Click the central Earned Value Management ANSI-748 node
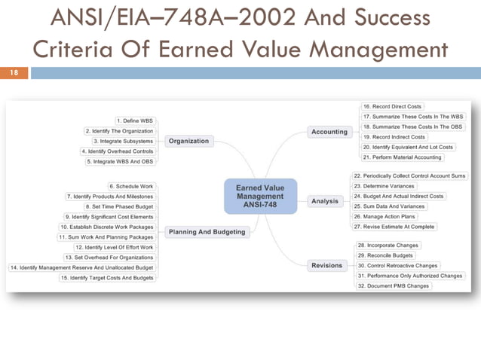(x=260, y=195)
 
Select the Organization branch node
(x=188, y=141)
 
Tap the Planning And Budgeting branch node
(x=207, y=232)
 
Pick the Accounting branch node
(x=329, y=132)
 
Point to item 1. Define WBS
(x=136, y=121)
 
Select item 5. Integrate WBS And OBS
(x=121, y=162)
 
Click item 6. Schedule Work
(x=131, y=186)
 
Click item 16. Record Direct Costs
(x=391, y=107)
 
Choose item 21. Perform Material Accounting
(x=402, y=157)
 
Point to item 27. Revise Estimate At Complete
(x=394, y=227)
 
